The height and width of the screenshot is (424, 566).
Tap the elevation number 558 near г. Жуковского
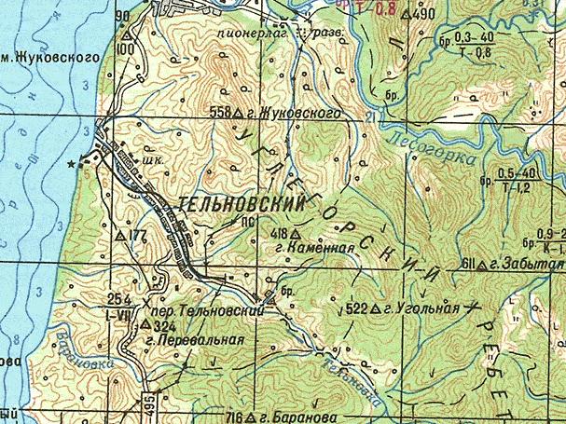220,112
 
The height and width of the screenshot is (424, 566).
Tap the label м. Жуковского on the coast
48,57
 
